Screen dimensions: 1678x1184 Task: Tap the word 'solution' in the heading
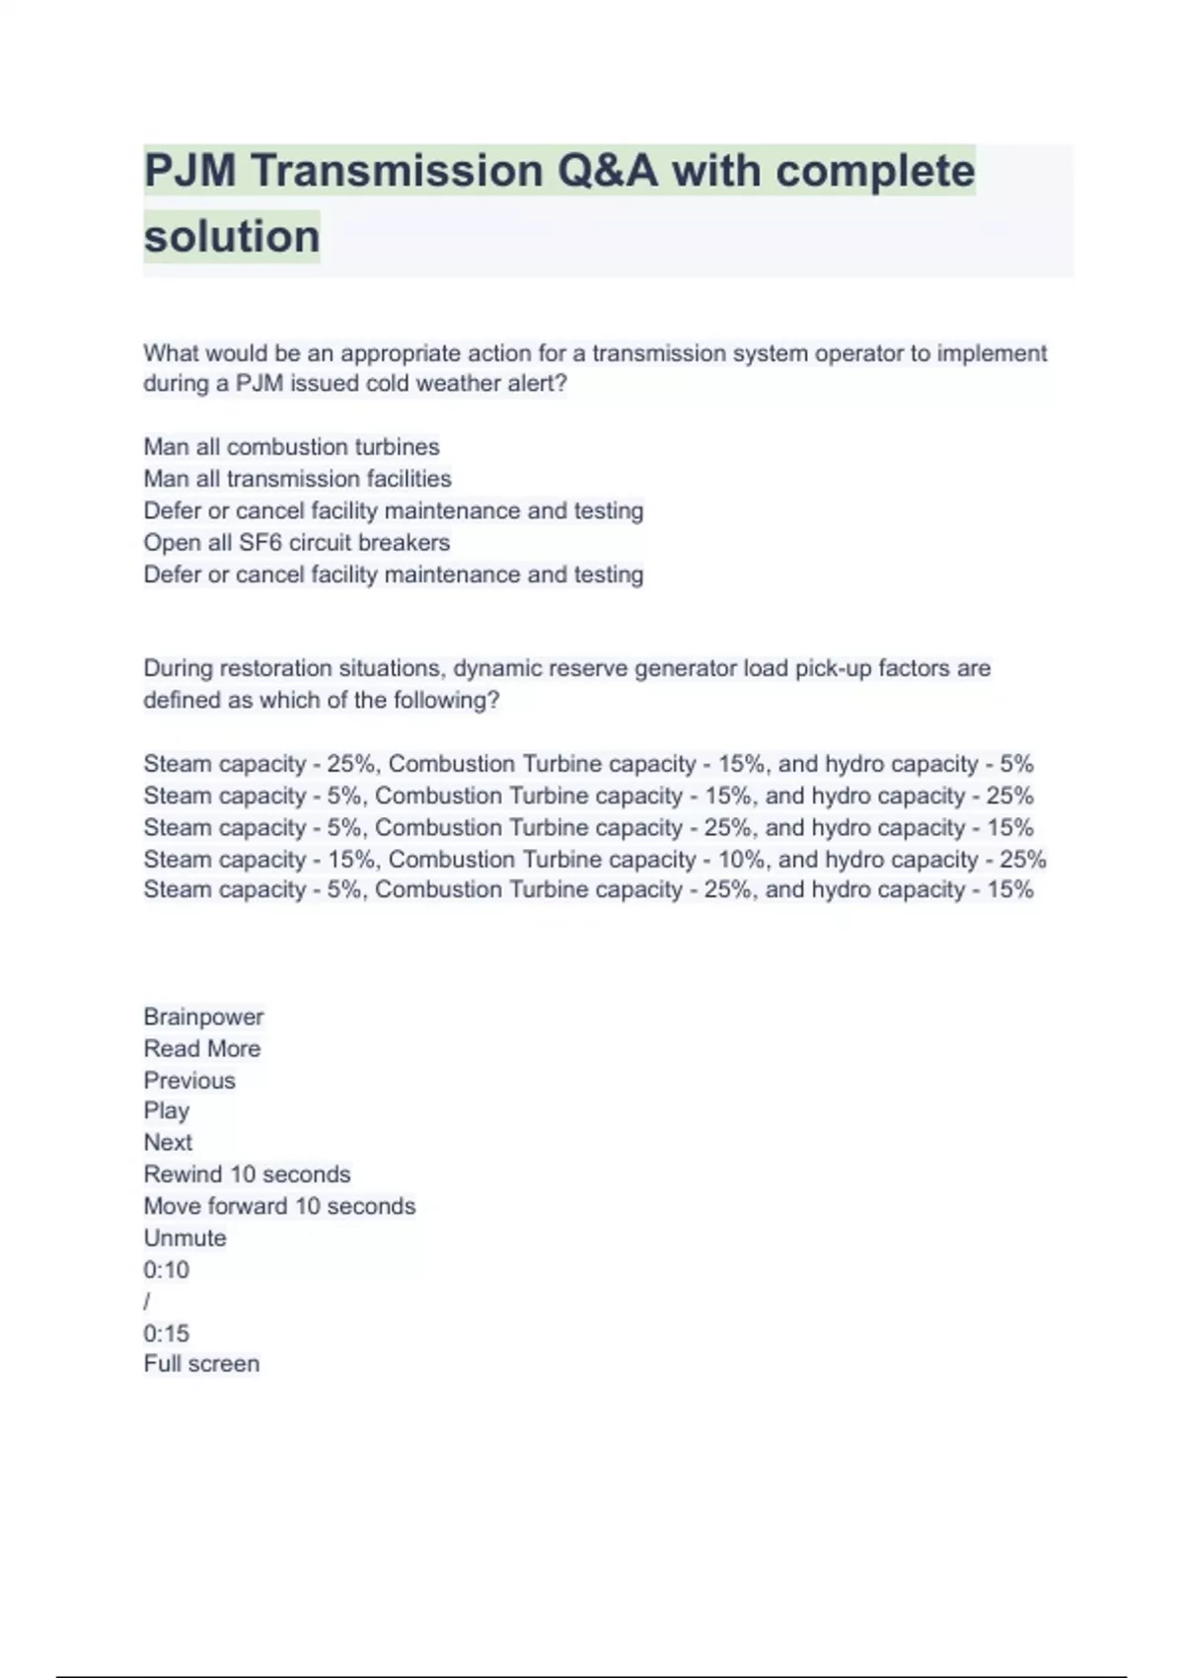[232, 237]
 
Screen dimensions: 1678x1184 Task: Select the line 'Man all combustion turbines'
[291, 447]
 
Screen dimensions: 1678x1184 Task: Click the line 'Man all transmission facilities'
[297, 479]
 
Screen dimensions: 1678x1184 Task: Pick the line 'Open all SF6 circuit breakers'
[296, 543]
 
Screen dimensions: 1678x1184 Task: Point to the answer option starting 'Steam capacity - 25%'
[588, 764]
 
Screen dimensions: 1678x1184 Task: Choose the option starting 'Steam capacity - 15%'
[594, 860]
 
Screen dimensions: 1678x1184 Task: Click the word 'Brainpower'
[203, 1017]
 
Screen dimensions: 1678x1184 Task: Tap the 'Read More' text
[201, 1048]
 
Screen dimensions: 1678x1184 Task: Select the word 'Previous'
[189, 1080]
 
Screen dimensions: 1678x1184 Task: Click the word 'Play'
[166, 1110]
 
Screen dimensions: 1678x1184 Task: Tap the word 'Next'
[168, 1142]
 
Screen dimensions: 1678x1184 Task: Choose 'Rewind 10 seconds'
[247, 1175]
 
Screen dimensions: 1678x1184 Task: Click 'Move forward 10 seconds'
[279, 1206]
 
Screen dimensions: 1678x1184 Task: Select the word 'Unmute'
[185, 1238]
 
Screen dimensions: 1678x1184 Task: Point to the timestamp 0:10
[166, 1269]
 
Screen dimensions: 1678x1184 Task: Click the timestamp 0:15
[166, 1334]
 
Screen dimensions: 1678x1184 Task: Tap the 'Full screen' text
[201, 1364]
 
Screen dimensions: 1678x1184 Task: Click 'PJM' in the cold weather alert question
[259, 384]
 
